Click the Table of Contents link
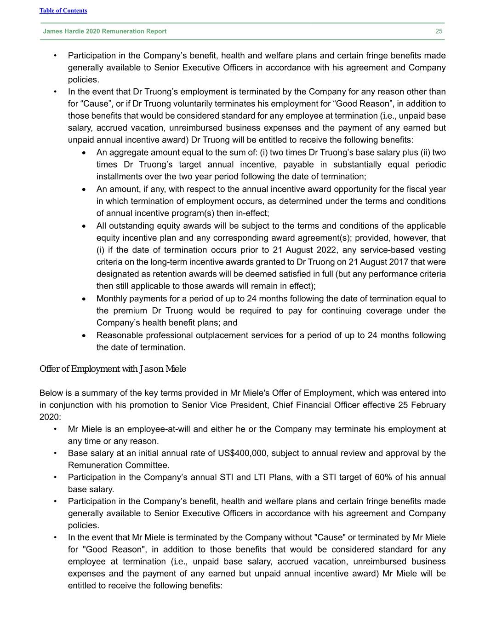pos(63,11)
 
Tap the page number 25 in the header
pos(439,31)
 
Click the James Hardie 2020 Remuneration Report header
pos(105,31)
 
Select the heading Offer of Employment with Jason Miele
pos(113,369)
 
